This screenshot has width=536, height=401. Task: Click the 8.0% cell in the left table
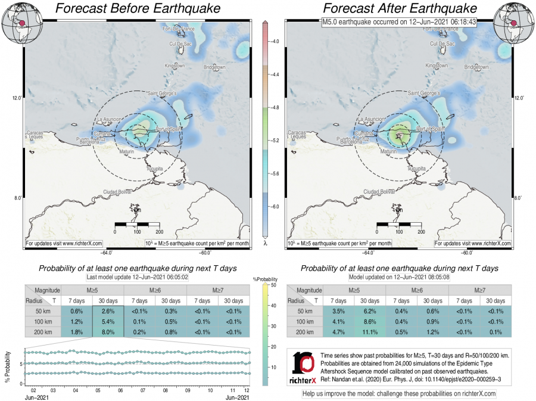[x=108, y=332]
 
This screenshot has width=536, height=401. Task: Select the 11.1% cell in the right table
[x=370, y=332]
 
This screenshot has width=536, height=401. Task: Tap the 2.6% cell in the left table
[x=108, y=311]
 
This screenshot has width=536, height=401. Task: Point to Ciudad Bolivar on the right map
[x=379, y=191]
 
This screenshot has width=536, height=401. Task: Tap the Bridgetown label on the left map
[x=214, y=67]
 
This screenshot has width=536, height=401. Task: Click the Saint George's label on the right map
[x=423, y=94]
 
